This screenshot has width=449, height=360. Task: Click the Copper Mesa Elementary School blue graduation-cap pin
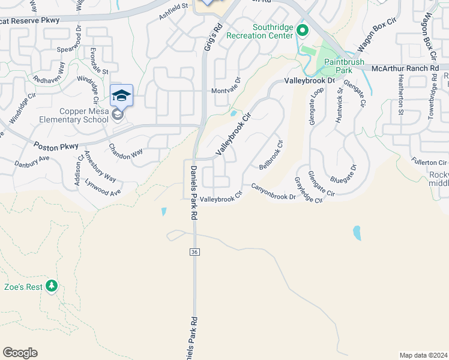click(x=121, y=96)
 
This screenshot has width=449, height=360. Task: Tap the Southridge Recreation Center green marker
click(x=303, y=29)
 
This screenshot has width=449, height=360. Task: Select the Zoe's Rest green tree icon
click(x=52, y=286)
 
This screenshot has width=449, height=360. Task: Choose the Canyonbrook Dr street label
click(x=274, y=192)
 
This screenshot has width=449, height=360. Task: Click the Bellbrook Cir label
click(x=270, y=154)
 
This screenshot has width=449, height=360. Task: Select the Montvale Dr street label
click(x=225, y=91)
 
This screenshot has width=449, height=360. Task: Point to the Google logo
click(x=20, y=353)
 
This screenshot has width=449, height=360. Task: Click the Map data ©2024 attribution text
click(x=423, y=355)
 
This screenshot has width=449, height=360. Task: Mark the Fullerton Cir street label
click(x=429, y=163)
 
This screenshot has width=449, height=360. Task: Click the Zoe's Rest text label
click(x=23, y=287)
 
